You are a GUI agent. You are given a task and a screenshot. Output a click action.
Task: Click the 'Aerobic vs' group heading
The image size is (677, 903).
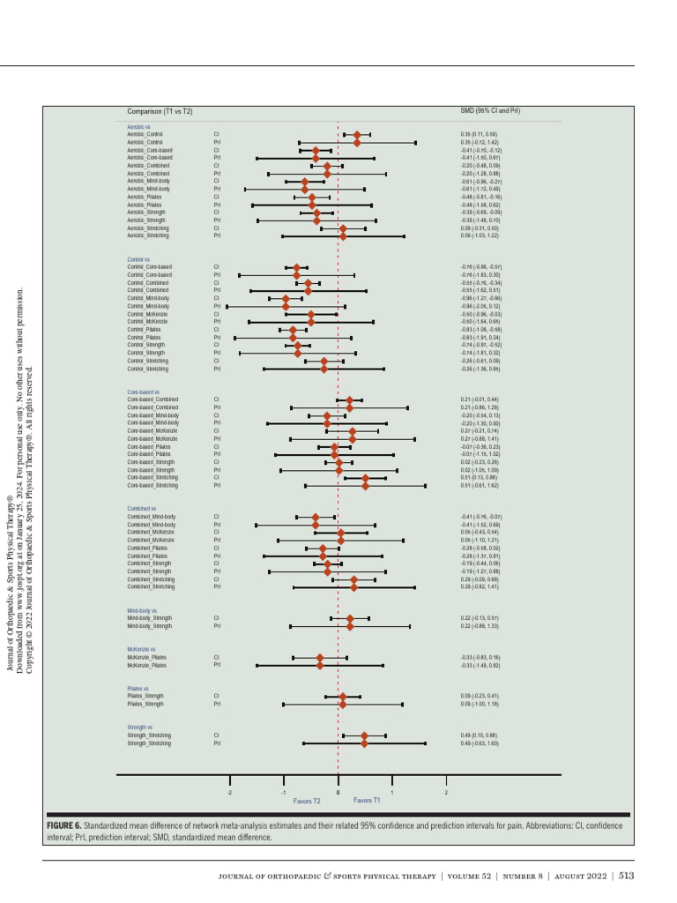pyautogui.click(x=138, y=127)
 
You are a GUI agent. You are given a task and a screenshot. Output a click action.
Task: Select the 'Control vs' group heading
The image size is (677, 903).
pyautogui.click(x=138, y=260)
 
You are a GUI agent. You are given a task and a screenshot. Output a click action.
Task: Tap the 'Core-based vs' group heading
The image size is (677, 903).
pyautogui.click(x=143, y=392)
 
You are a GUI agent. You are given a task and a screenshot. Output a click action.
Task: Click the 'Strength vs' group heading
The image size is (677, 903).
pyautogui.click(x=141, y=728)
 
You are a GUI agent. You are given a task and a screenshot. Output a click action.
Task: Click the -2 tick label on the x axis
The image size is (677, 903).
pyautogui.click(x=229, y=793)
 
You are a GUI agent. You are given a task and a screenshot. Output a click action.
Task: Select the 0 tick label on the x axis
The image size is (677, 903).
pyautogui.click(x=338, y=793)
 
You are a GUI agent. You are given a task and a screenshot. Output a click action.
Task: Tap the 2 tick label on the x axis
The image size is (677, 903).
pyautogui.click(x=446, y=793)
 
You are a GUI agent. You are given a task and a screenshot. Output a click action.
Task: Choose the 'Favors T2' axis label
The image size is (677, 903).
pyautogui.click(x=307, y=801)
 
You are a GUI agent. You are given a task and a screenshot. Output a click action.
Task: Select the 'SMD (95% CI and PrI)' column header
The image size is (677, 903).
pyautogui.click(x=490, y=111)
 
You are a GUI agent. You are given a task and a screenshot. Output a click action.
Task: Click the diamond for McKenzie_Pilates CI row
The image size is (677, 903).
pyautogui.click(x=320, y=657)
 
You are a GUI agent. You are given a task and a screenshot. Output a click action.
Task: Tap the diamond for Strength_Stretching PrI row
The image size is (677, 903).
pyautogui.click(x=364, y=743)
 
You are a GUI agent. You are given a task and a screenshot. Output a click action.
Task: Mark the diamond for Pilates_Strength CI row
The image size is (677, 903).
pyautogui.click(x=343, y=697)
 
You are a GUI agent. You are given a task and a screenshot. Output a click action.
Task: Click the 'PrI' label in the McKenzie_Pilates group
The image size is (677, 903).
pyautogui.click(x=217, y=665)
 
